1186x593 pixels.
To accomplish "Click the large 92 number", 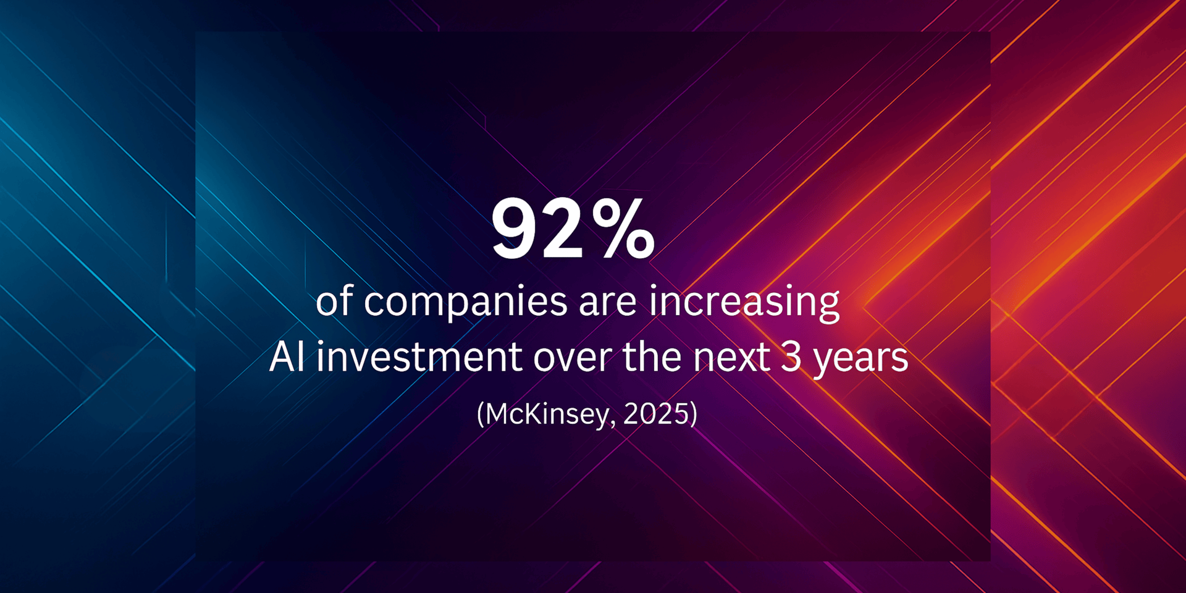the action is tap(537, 229).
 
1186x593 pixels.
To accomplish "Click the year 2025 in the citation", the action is tap(656, 413).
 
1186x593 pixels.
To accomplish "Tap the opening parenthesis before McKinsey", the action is tap(481, 414).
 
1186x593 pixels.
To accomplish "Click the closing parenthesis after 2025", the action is tap(693, 414).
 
